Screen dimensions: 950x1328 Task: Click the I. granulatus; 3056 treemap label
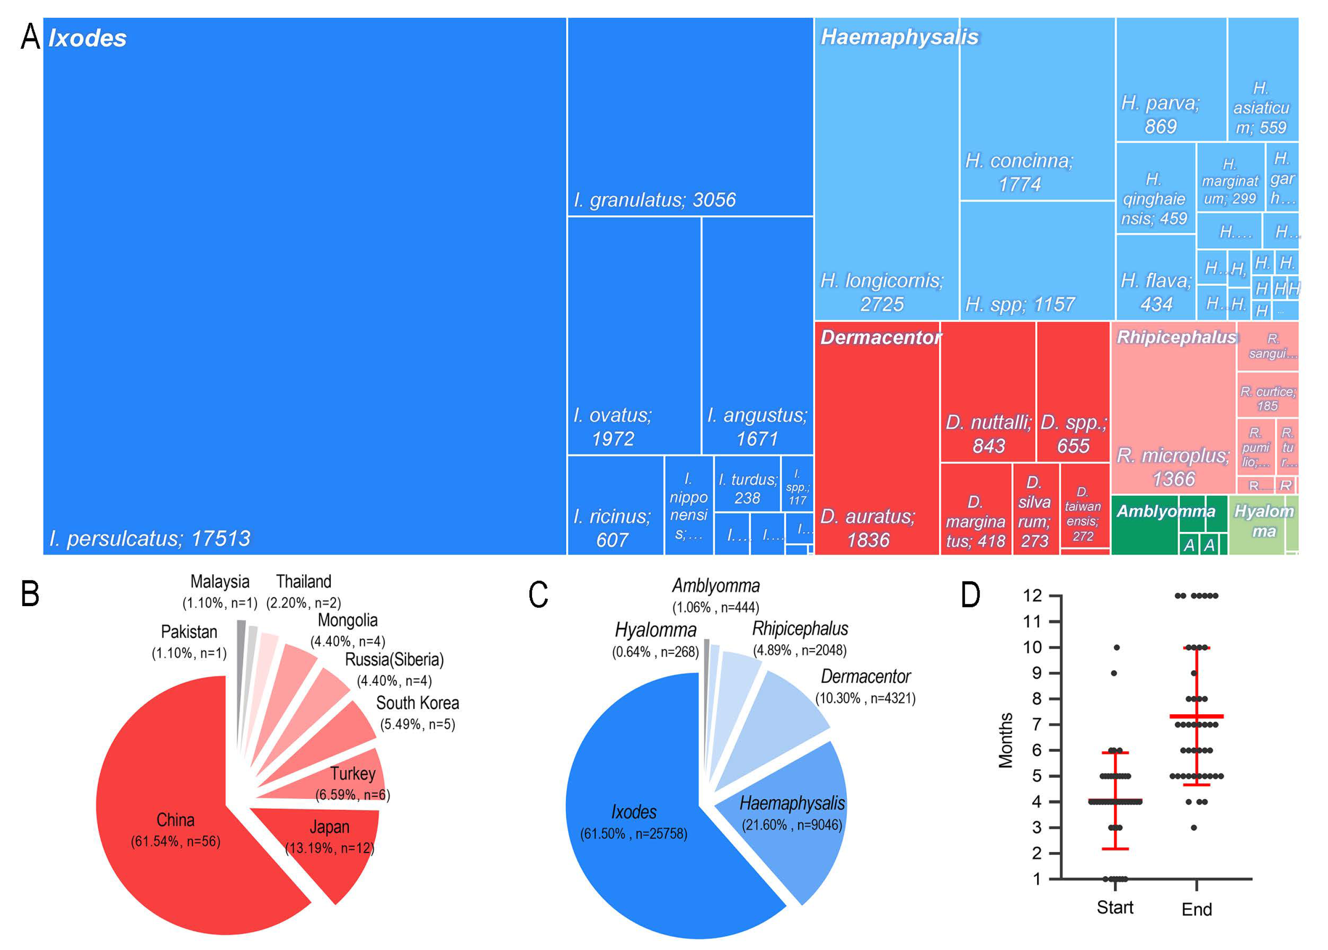(654, 200)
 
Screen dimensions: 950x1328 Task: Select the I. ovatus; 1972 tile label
(612, 426)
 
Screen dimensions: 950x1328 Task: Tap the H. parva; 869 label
(1160, 115)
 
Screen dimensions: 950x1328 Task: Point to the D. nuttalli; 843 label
(988, 434)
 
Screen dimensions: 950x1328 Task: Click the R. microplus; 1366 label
(1173, 467)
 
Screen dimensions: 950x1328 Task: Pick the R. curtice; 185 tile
(1267, 398)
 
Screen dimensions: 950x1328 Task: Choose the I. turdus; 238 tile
(747, 488)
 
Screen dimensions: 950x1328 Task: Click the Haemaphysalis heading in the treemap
(899, 37)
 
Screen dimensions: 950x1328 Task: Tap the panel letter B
(30, 594)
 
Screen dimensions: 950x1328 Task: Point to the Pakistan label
(189, 632)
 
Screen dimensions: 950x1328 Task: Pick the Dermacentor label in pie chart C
(865, 676)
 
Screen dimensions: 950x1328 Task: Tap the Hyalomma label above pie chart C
(655, 630)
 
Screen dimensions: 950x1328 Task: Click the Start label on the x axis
(1114, 907)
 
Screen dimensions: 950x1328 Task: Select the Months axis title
(1005, 739)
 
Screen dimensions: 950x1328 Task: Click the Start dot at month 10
(1116, 648)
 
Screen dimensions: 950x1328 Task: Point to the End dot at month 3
(1193, 828)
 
